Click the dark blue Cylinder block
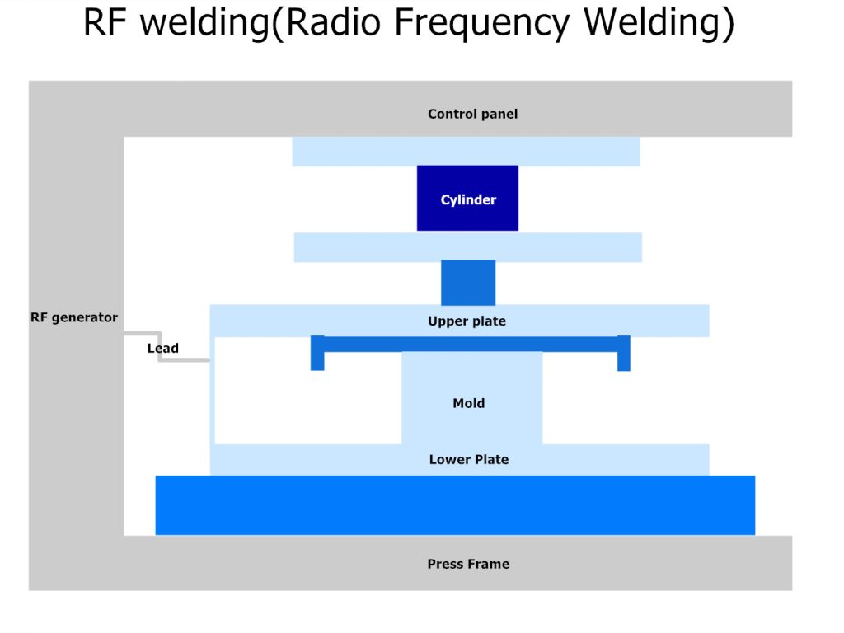click(x=467, y=198)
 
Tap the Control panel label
click(x=472, y=115)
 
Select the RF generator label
click(x=74, y=317)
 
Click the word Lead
click(x=162, y=348)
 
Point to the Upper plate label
click(x=467, y=321)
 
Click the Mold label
click(x=468, y=403)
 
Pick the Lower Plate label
click(x=468, y=459)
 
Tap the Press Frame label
click(x=467, y=564)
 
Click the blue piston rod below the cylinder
click(x=468, y=283)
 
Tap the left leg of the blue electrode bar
click(x=317, y=354)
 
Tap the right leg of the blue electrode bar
click(x=624, y=354)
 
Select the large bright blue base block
click(x=455, y=504)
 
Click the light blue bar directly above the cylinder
click(x=466, y=152)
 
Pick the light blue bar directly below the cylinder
click(x=467, y=247)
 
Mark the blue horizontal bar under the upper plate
click(x=470, y=344)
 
